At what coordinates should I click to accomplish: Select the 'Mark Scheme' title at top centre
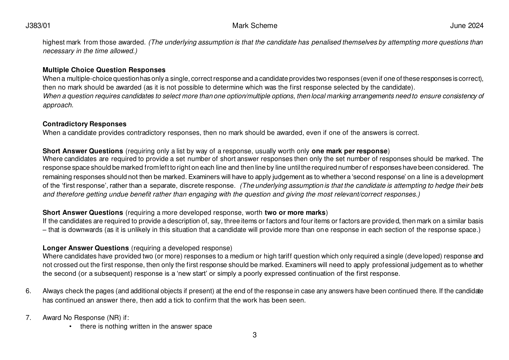point(255,26)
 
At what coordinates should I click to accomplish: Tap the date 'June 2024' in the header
point(467,26)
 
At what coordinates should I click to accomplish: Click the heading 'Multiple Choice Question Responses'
point(104,70)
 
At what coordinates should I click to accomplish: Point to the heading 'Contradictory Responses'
point(84,124)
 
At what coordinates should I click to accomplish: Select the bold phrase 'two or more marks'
point(295,213)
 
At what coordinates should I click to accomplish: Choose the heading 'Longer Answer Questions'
point(86,248)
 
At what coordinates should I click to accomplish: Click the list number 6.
point(28,291)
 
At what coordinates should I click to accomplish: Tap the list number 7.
point(28,318)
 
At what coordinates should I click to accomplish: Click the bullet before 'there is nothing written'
point(71,327)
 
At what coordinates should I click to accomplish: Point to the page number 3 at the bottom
point(255,335)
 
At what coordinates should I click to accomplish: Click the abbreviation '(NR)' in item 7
point(114,318)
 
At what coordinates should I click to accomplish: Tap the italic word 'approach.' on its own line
point(58,105)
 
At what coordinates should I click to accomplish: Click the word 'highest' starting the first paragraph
point(52,42)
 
